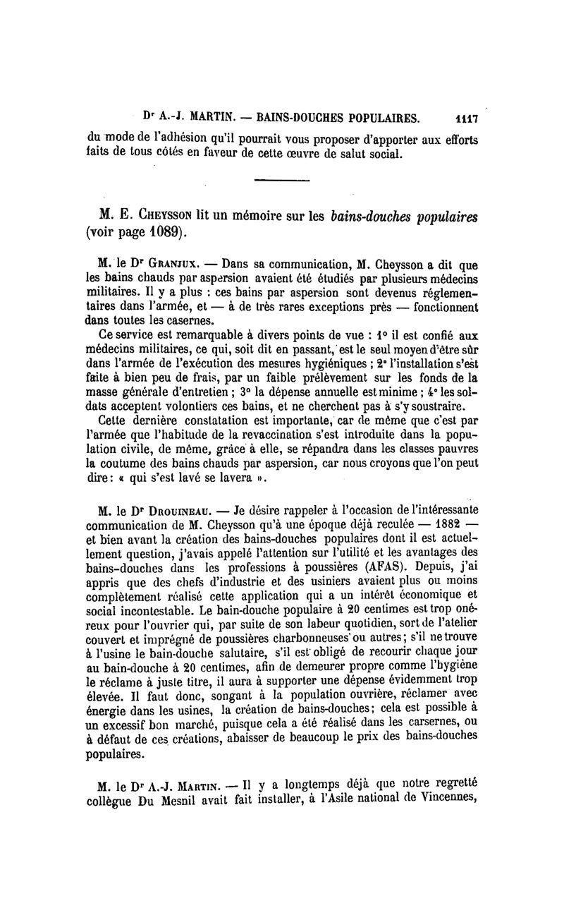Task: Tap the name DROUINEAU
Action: (177, 510)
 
